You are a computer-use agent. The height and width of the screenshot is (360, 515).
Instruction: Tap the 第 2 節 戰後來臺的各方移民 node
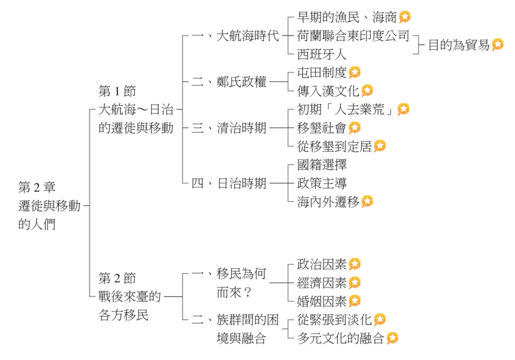coord(130,296)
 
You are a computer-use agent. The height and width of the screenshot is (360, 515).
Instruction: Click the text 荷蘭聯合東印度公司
coord(353,36)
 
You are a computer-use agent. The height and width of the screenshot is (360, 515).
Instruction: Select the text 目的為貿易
coord(458,45)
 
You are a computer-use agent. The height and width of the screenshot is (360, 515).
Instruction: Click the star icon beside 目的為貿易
coord(497,45)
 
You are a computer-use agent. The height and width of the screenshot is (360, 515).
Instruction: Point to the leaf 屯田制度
coord(321,72)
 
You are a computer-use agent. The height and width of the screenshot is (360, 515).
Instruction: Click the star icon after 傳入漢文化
coord(367,90)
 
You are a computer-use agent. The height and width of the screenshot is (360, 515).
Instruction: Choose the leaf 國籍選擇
coord(321,165)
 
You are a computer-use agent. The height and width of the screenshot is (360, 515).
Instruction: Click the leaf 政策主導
coord(321,183)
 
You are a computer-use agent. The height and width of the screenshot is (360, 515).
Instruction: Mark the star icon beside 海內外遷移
coord(367,201)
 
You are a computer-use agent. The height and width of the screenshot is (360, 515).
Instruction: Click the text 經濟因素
coord(321,283)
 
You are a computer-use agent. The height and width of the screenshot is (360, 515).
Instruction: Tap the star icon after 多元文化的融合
coord(392,338)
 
